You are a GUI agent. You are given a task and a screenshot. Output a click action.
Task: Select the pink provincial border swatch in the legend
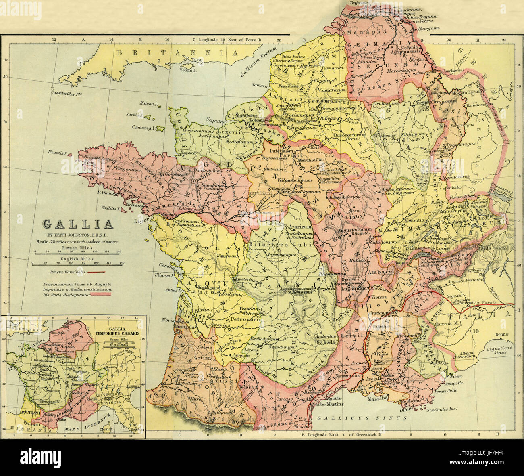coord(102,295)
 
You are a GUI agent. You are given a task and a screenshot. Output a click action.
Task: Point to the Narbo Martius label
coord(328,404)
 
